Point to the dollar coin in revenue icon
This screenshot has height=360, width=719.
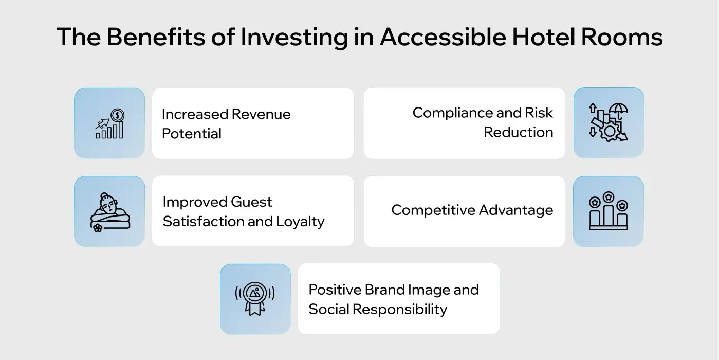[118, 115]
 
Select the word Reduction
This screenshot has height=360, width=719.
[518, 132]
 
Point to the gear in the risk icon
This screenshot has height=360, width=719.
[610, 132]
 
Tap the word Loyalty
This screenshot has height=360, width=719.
[300, 222]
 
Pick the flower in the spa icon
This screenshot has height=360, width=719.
[98, 228]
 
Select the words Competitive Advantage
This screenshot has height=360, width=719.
[472, 210]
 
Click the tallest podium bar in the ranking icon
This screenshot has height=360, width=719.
[609, 216]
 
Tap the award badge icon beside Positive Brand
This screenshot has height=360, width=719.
[255, 298]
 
